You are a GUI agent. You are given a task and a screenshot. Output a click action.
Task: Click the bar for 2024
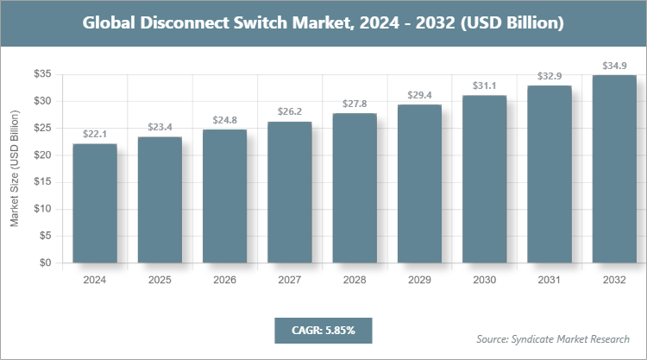pos(94,204)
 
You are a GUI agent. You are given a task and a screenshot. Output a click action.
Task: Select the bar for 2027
pos(289,193)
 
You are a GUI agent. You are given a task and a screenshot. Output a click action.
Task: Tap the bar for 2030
pos(484,180)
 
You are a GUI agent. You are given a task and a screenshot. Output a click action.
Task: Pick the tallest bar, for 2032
pos(614,169)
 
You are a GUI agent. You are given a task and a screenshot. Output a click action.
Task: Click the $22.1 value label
pos(94,135)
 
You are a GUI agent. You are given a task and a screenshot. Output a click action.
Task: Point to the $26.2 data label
pos(289,111)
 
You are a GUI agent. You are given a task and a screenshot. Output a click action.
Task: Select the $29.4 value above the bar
pos(419,95)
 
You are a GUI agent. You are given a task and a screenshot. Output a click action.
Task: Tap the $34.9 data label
pos(614,66)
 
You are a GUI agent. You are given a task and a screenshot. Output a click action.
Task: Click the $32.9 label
pos(550,76)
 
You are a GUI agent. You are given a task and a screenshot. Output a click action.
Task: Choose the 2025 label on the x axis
pos(159,280)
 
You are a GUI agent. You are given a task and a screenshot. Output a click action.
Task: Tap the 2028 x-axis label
pos(354,280)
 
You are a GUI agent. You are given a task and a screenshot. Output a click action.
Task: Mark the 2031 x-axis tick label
pos(550,280)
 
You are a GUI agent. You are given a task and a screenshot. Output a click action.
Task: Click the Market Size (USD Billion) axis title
pos(15,169)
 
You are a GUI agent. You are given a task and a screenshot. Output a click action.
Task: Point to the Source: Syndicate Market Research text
pos(552,338)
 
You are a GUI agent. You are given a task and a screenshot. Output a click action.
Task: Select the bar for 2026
pos(224,197)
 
